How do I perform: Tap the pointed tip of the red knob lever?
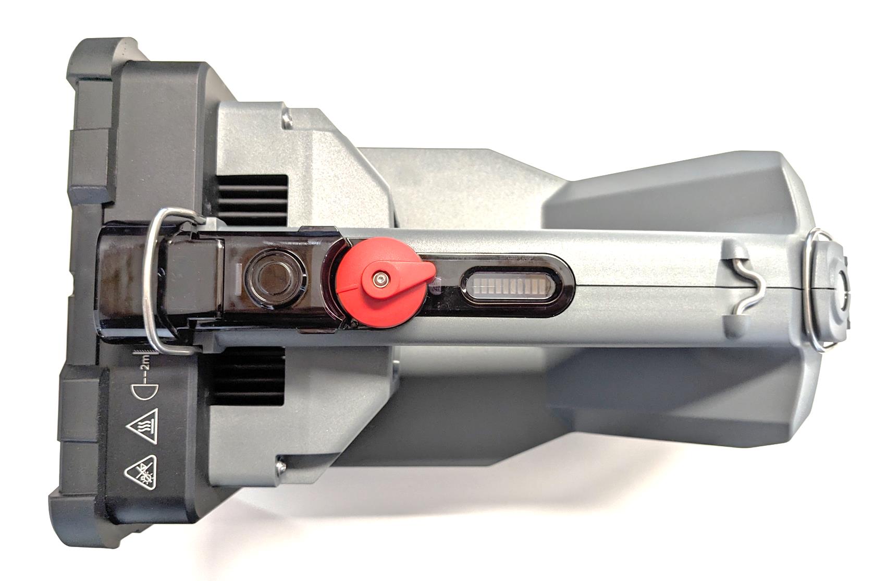click(x=433, y=271)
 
